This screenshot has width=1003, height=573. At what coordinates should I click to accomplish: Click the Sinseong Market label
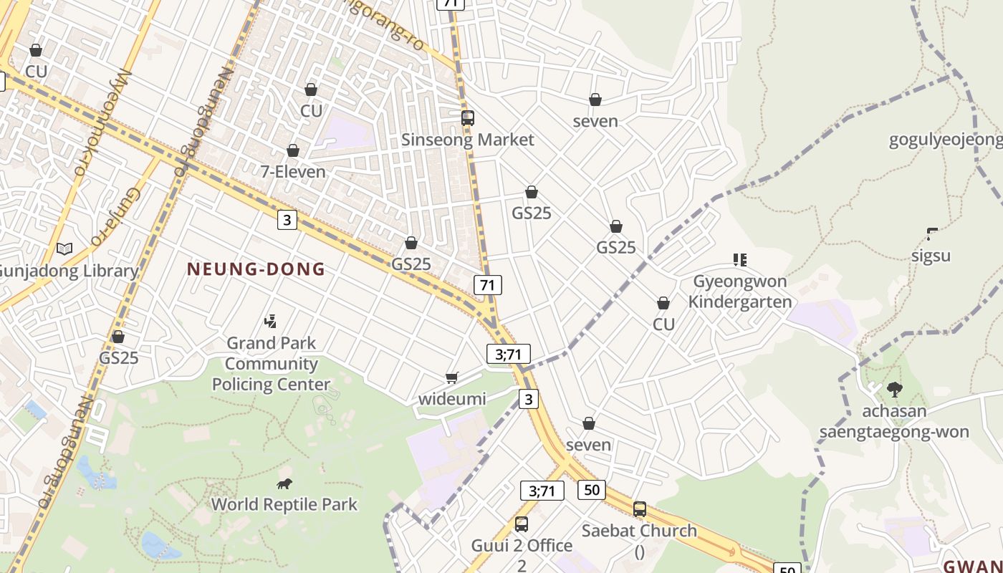tap(467, 140)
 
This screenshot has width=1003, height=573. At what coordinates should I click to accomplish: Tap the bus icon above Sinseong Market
tap(467, 118)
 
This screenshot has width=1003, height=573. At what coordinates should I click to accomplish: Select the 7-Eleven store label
tap(292, 172)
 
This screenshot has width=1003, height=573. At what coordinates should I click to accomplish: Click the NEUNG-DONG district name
tap(256, 269)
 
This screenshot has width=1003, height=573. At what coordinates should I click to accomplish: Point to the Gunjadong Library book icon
tap(64, 249)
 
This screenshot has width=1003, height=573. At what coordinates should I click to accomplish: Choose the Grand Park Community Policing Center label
tap(271, 364)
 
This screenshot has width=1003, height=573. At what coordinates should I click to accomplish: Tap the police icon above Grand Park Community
tap(271, 322)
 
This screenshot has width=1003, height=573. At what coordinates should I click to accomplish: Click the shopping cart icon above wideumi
tap(451, 377)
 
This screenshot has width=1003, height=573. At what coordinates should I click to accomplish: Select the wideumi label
tap(451, 399)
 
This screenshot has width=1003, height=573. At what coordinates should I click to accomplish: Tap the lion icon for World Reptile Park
tap(284, 483)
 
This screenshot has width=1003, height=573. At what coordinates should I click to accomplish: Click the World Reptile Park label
tap(284, 504)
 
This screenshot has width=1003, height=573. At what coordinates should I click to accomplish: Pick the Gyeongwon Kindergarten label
tap(739, 292)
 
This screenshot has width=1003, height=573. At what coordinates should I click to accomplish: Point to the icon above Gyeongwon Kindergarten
tap(739, 259)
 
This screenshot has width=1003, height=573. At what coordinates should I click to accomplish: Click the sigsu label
tap(931, 256)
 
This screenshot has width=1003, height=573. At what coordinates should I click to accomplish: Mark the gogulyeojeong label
tap(945, 140)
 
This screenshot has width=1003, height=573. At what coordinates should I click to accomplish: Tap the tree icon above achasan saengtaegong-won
tap(894, 390)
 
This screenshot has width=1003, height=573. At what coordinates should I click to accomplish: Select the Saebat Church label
tap(638, 531)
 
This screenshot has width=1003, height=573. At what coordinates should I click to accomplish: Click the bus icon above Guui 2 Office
tap(522, 524)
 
